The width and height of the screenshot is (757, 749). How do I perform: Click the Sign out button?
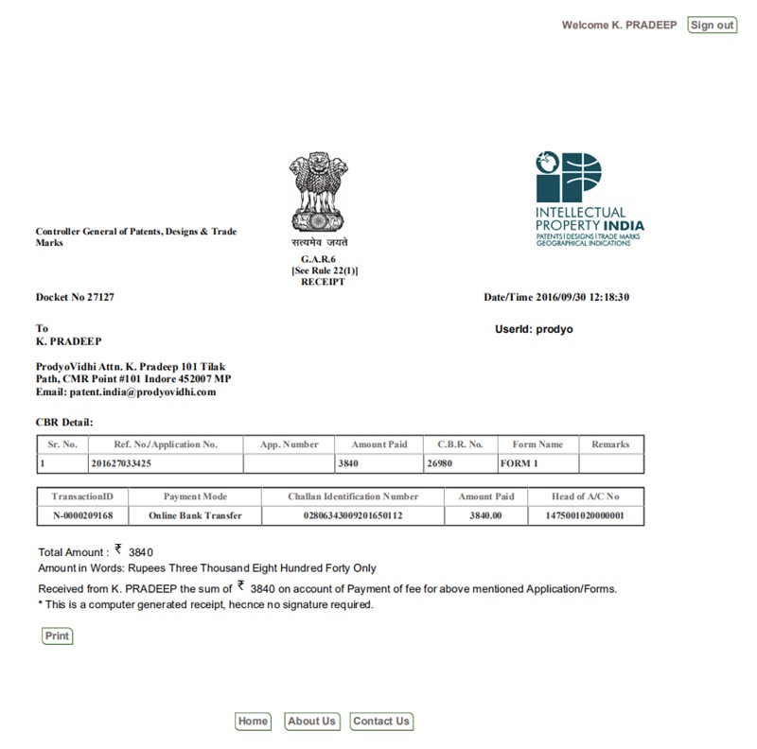tap(712, 26)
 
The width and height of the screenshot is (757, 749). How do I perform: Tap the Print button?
tap(58, 636)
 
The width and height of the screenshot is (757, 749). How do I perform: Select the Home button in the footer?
tap(253, 722)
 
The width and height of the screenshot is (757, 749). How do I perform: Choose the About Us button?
tap(311, 722)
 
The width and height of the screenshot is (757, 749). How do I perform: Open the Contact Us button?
tap(380, 722)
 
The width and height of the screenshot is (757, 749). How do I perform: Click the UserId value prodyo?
tap(553, 329)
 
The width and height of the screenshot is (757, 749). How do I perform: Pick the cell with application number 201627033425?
tap(134, 464)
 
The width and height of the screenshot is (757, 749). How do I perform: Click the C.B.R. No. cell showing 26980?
tap(441, 464)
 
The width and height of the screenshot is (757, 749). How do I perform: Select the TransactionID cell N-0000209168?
tap(82, 515)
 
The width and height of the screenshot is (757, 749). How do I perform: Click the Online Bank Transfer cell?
tap(195, 515)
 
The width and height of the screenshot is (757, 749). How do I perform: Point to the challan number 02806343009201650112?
tap(353, 515)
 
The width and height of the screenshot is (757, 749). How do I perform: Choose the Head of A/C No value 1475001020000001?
tap(585, 515)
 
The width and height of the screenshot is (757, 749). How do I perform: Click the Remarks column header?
tap(610, 444)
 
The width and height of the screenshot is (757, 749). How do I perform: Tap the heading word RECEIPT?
tap(323, 282)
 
